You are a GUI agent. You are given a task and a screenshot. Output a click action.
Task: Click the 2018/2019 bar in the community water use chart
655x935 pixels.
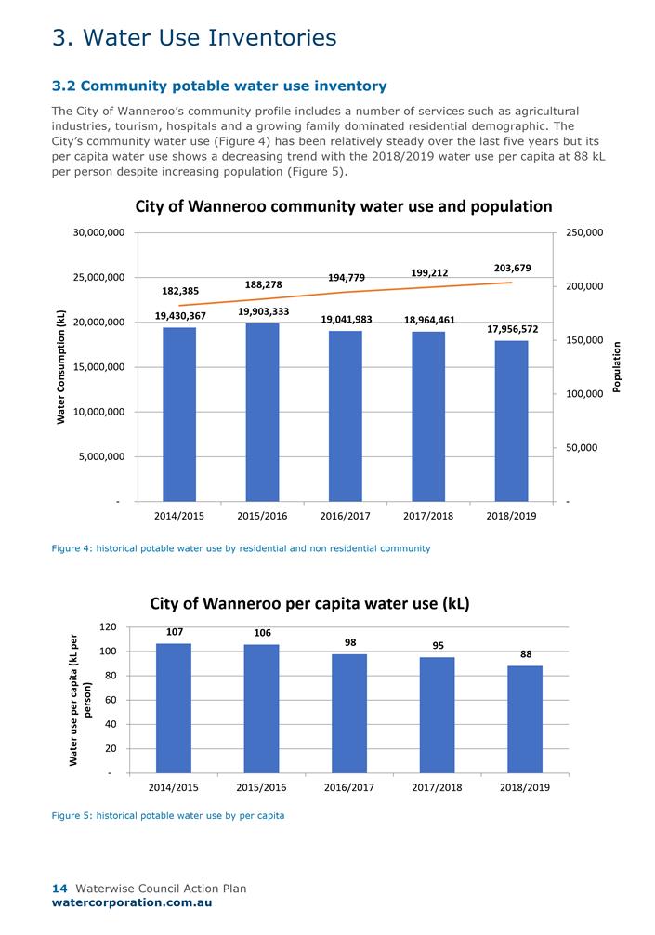(x=511, y=420)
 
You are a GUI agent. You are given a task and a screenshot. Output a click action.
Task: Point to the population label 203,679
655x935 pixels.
(x=513, y=268)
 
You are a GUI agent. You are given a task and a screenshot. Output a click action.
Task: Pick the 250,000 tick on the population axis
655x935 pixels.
(x=584, y=232)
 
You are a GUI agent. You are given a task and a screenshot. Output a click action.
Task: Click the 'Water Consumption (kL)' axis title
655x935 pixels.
(x=61, y=367)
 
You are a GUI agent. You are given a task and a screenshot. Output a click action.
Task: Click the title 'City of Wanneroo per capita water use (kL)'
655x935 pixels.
(x=310, y=603)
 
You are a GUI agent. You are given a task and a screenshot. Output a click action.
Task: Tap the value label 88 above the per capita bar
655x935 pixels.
(x=526, y=654)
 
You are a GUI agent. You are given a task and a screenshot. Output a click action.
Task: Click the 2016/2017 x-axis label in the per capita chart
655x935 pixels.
(x=348, y=787)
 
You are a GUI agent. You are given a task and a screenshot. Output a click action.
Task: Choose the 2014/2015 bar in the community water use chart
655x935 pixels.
(x=179, y=414)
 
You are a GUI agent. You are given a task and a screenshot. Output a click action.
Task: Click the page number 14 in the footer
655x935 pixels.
(x=59, y=889)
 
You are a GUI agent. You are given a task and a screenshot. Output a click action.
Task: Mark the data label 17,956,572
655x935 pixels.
(x=513, y=329)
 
